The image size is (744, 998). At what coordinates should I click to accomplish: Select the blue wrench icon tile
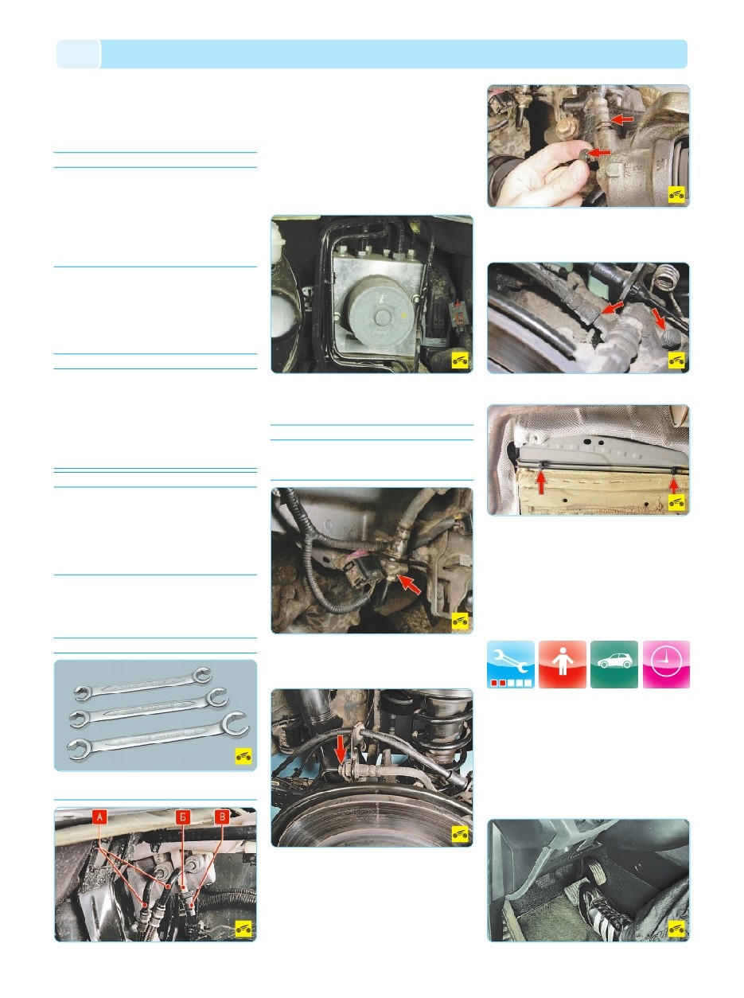pos(510,665)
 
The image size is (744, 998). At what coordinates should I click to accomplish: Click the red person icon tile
pos(563,665)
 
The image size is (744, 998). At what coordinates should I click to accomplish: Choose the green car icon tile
pos(614,665)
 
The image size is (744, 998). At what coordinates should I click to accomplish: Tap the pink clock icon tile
pos(666,665)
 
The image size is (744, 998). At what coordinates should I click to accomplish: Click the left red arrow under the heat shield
pos(540,482)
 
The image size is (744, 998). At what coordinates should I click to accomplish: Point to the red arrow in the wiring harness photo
pos(408,584)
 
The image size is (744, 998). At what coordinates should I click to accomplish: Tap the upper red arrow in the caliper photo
pos(621,119)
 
